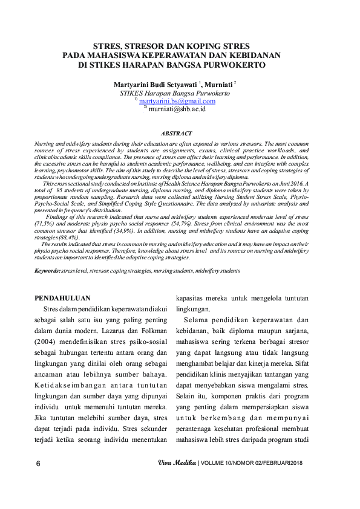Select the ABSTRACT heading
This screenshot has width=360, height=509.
point(176,133)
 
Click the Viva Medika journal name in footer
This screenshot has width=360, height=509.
point(177,463)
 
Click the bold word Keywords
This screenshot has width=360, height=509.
point(47,271)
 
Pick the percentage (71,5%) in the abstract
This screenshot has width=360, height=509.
point(45,224)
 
